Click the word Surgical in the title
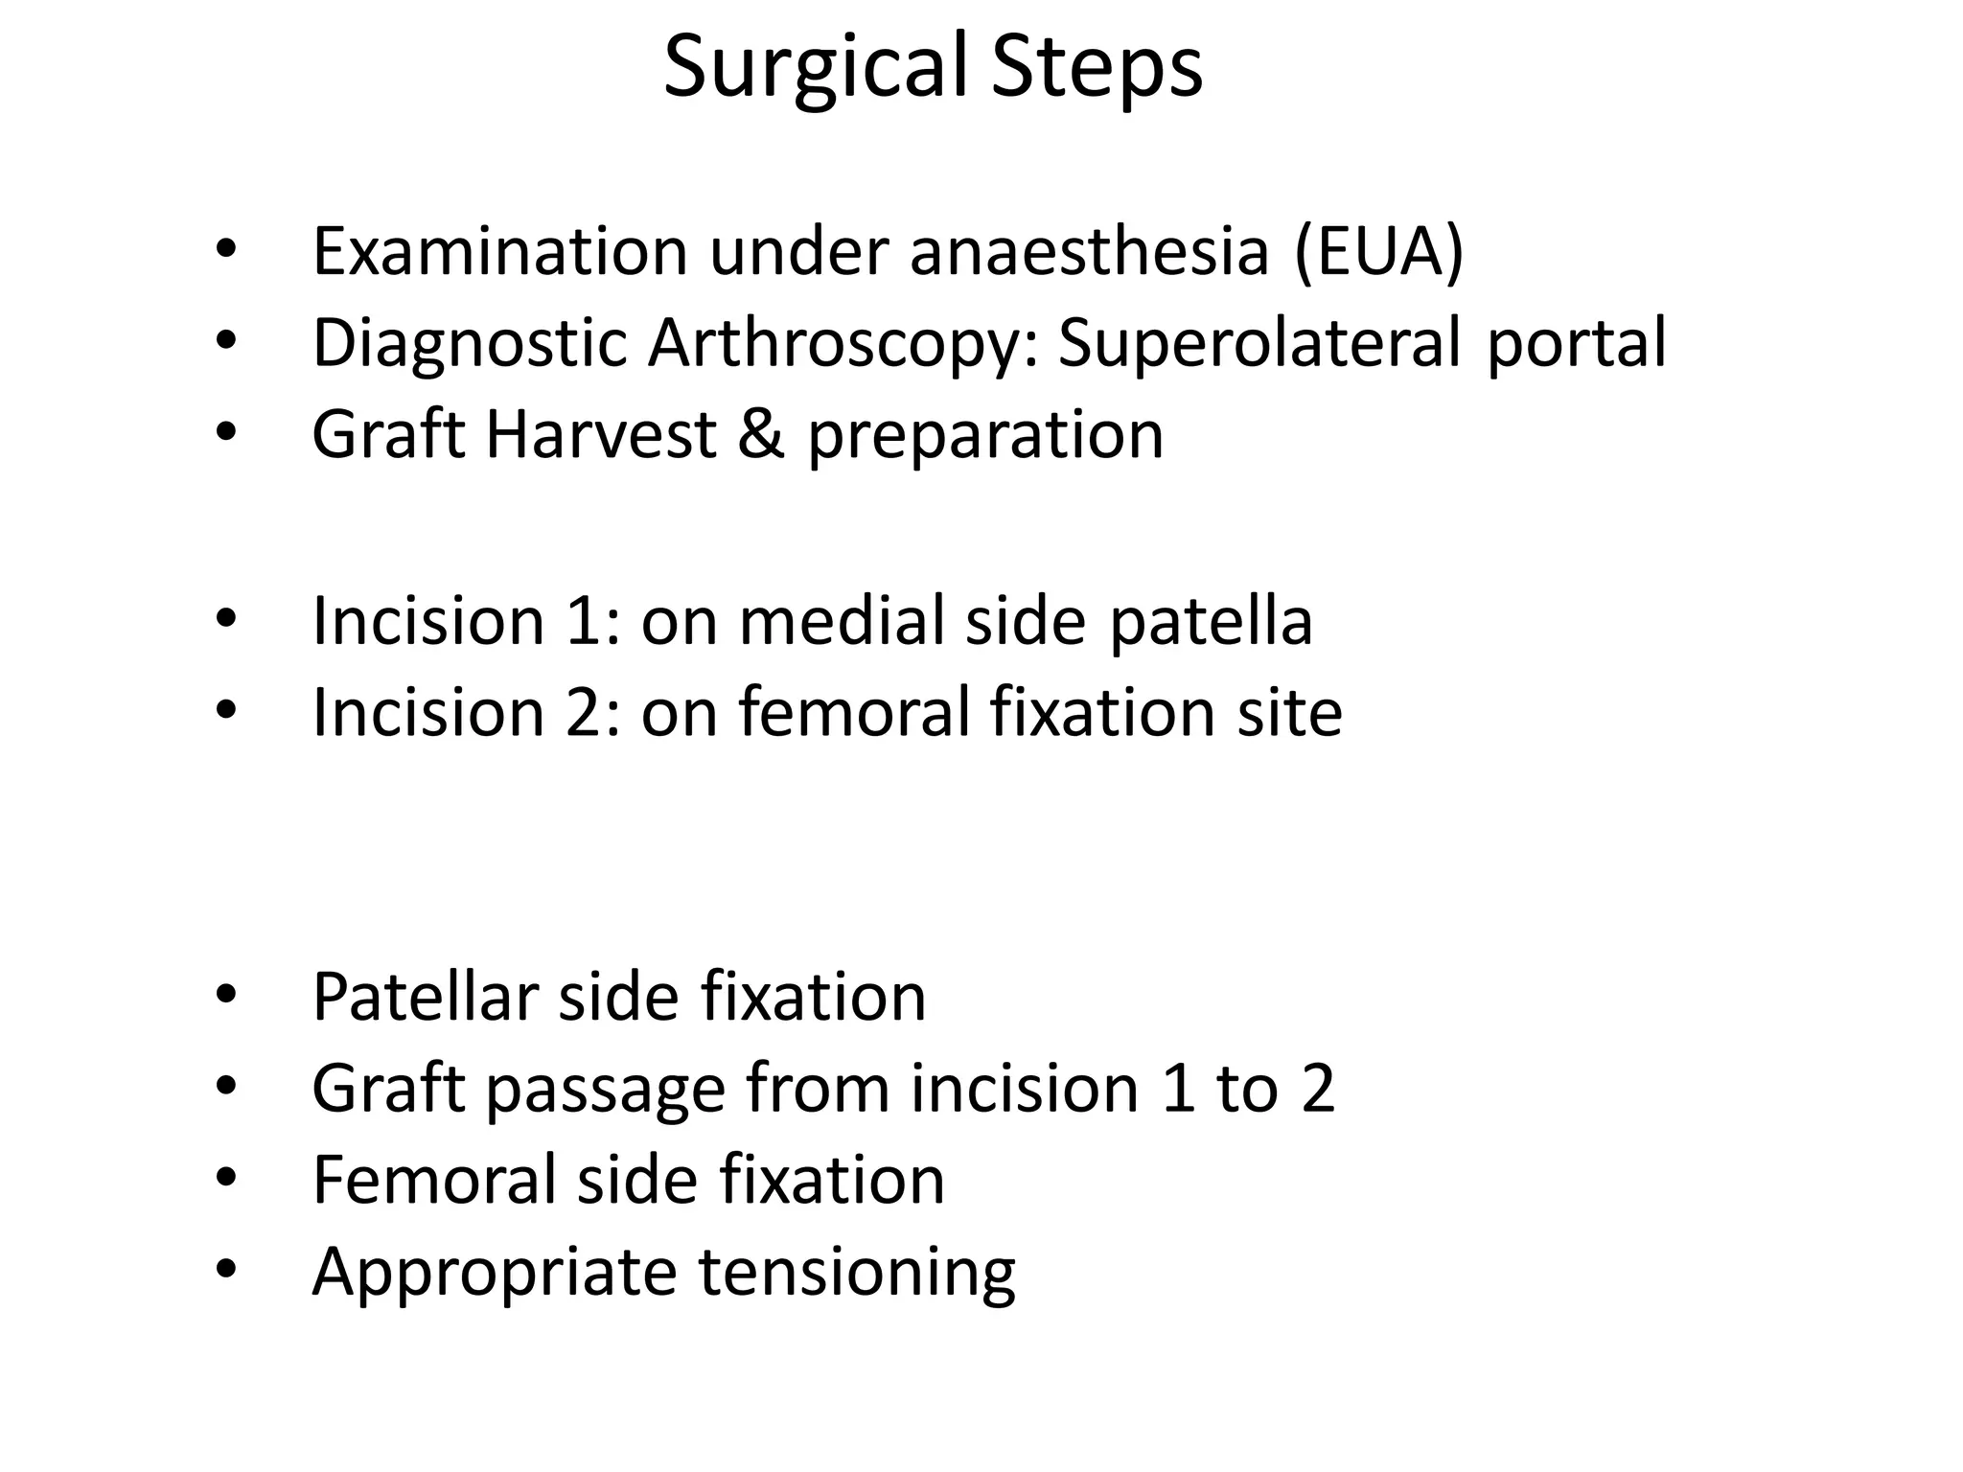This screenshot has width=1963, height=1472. click(x=815, y=67)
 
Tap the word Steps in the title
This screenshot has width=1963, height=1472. click(x=1097, y=67)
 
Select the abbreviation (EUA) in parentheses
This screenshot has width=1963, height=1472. click(x=1378, y=251)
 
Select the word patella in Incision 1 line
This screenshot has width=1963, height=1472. click(x=1211, y=620)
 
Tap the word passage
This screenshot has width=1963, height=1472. click(x=605, y=1089)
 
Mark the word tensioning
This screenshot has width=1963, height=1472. click(x=856, y=1272)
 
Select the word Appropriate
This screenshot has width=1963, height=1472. click(x=494, y=1272)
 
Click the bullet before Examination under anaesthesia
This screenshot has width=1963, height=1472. click(x=225, y=249)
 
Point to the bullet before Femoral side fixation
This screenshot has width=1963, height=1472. click(x=225, y=1179)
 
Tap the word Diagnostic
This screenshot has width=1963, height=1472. click(x=469, y=342)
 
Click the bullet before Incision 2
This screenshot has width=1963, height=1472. click(x=225, y=710)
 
